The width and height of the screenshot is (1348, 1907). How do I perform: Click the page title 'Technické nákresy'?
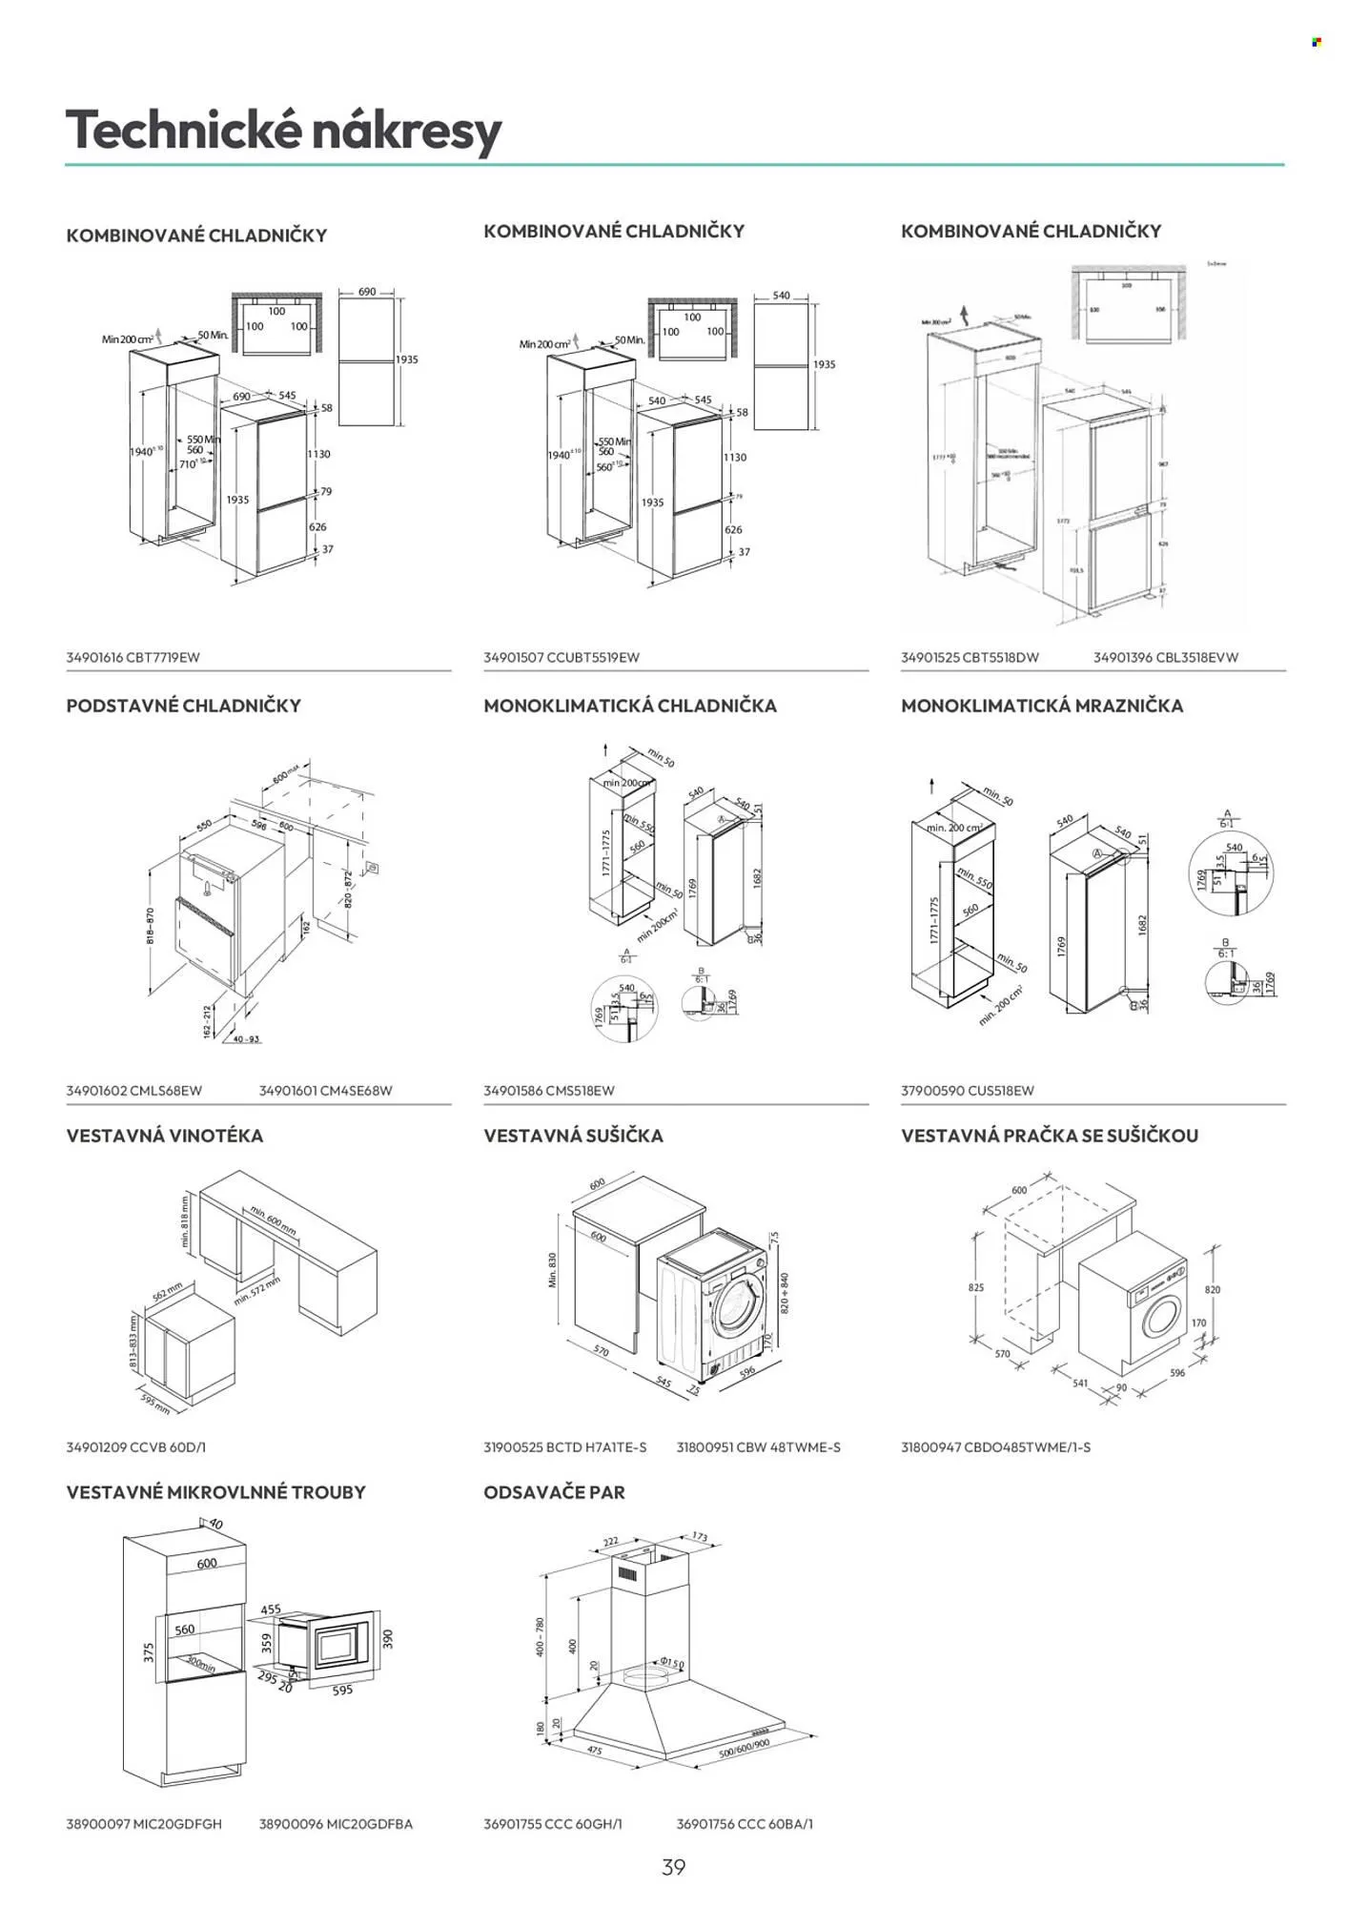(283, 131)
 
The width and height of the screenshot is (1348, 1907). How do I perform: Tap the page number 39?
(673, 1867)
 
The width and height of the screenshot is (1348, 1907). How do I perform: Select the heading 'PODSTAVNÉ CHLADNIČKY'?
(183, 706)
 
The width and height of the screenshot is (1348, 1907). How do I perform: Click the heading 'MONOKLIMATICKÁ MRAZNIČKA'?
(1042, 706)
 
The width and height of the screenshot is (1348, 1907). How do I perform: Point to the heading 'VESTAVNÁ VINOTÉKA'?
(164, 1136)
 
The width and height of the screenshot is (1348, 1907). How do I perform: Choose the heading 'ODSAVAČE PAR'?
(554, 1492)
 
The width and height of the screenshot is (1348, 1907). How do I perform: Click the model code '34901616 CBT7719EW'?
(133, 657)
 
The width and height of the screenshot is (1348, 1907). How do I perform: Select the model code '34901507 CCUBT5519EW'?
(561, 657)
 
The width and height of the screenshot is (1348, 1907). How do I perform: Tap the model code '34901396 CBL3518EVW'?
(1165, 657)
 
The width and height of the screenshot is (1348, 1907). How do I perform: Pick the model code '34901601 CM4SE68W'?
(325, 1090)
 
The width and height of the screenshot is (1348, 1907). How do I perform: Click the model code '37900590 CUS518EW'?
(967, 1090)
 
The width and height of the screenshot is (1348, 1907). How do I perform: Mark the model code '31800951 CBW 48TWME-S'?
(758, 1446)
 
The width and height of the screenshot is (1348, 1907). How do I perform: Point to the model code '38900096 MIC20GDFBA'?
(336, 1823)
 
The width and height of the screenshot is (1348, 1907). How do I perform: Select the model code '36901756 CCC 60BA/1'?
(745, 1823)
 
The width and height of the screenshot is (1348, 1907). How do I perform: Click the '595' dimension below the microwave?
(342, 1690)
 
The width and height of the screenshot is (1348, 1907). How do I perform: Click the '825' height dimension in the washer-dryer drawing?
(975, 1287)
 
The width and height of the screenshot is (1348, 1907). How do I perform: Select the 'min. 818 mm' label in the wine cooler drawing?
(185, 1222)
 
